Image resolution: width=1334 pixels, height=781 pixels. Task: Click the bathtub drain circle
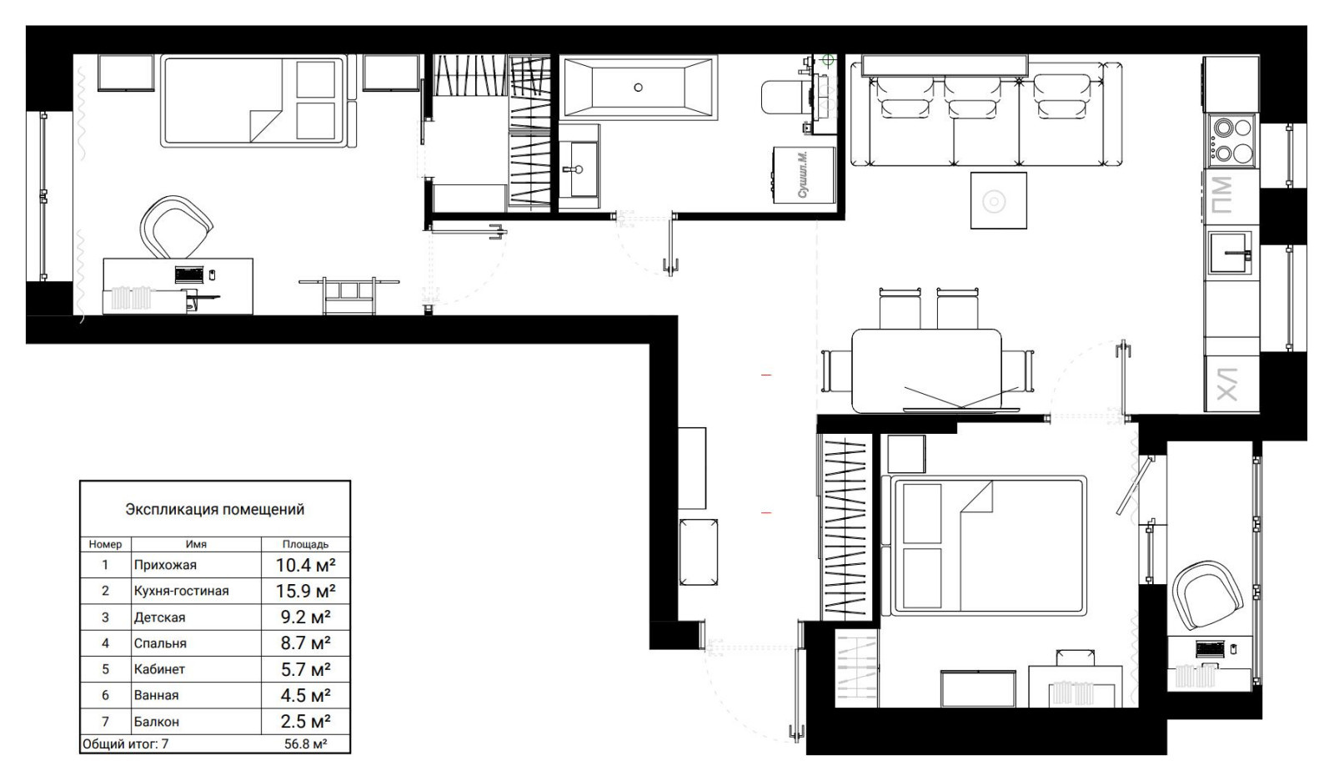click(639, 87)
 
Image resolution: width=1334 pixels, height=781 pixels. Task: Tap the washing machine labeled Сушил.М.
click(805, 175)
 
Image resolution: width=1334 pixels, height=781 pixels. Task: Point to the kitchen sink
click(1230, 253)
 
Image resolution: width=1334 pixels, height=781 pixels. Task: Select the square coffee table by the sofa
click(998, 200)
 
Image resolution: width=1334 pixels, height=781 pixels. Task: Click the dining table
click(925, 370)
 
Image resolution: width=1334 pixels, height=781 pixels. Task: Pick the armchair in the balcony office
click(1207, 596)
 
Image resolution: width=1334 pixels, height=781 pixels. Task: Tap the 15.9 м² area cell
click(305, 591)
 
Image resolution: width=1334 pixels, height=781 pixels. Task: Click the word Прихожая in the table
click(165, 565)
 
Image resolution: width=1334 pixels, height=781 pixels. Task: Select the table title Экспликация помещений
click(214, 509)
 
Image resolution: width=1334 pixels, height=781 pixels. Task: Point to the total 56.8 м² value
click(305, 743)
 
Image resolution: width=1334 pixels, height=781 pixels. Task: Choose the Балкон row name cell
click(156, 722)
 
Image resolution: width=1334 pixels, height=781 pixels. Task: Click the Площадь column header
click(305, 544)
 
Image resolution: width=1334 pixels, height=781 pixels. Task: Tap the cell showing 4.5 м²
click(305, 695)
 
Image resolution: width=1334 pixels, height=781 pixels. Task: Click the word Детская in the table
click(159, 617)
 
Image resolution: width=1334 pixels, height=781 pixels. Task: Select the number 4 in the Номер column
click(105, 643)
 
